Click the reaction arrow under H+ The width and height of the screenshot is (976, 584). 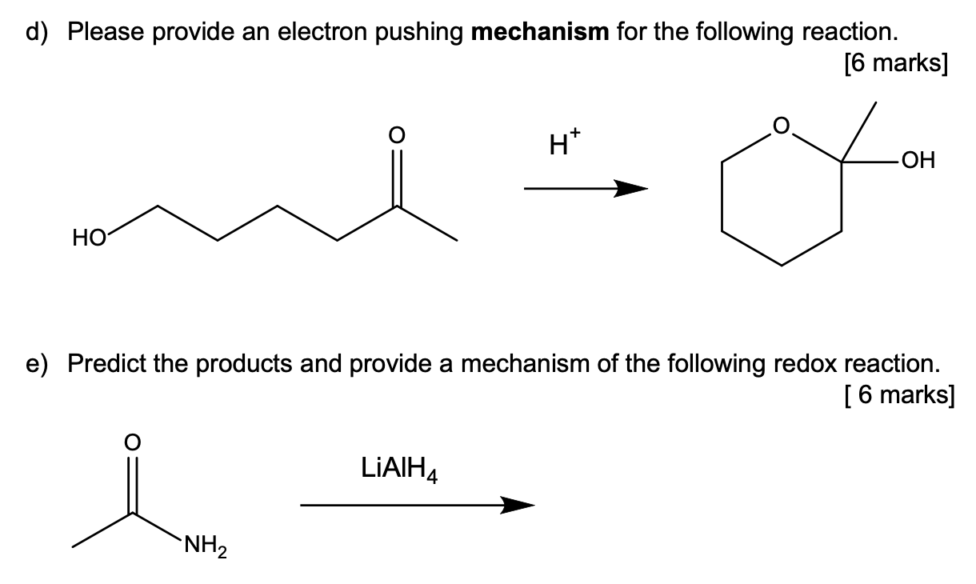point(585,190)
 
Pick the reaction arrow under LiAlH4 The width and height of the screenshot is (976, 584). point(417,505)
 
